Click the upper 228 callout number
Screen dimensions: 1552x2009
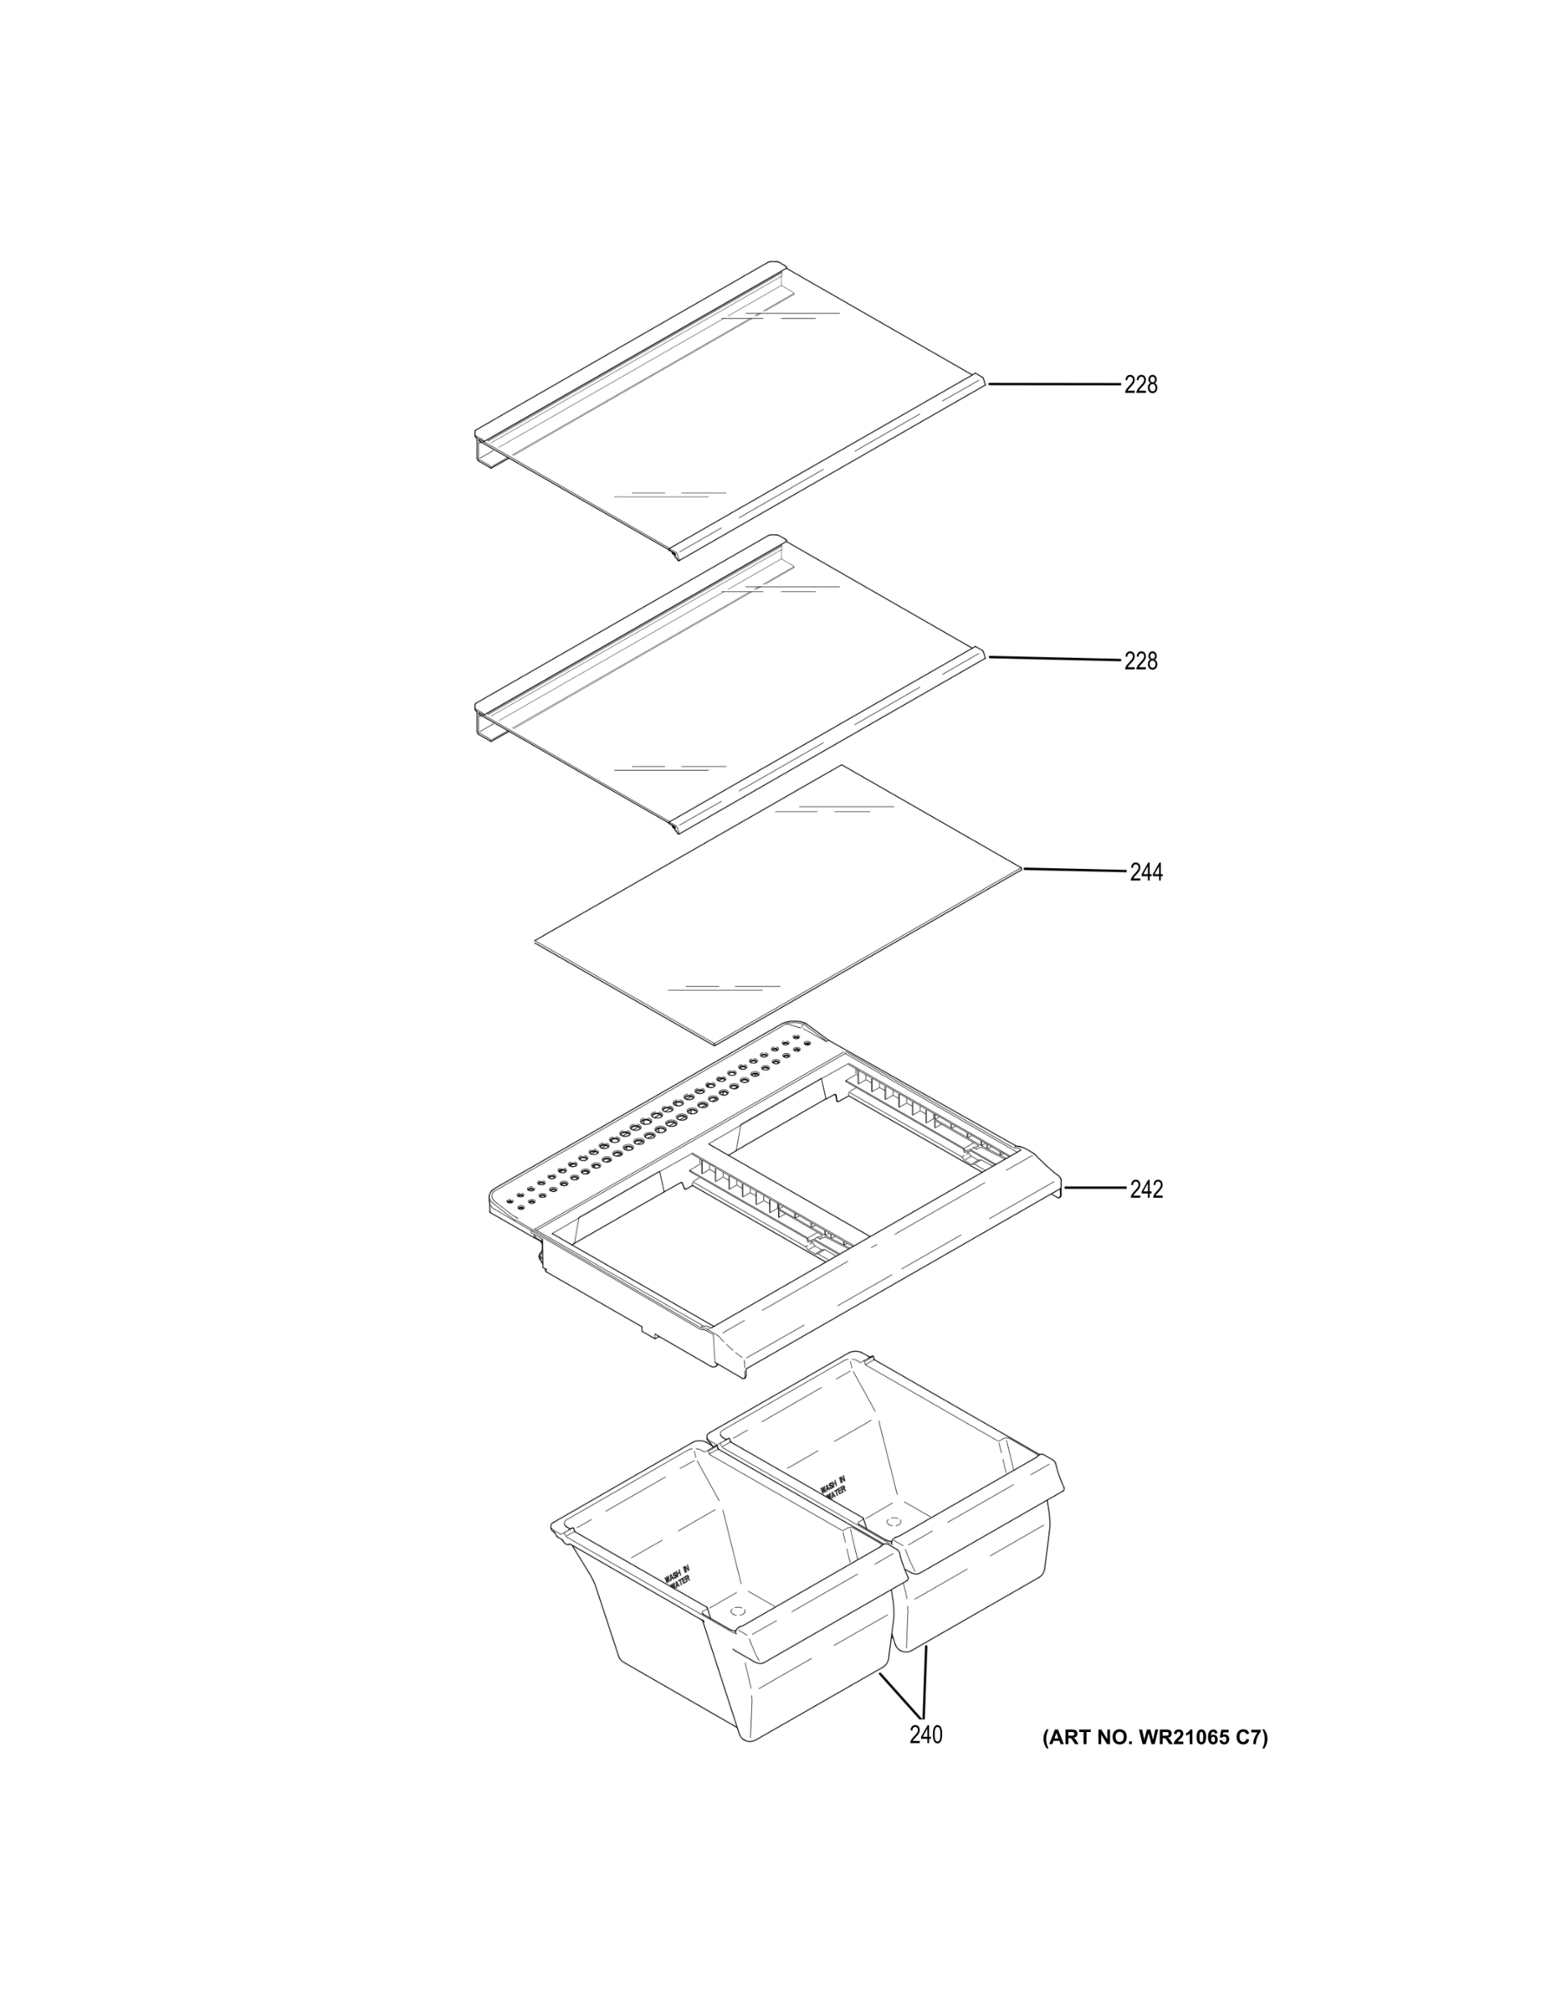pos(1140,384)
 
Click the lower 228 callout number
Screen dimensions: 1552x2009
pos(1140,660)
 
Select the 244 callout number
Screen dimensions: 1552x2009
pos(1145,872)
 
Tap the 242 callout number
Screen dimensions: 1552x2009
pos(1145,1189)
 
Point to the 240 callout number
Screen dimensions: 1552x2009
pos(926,1735)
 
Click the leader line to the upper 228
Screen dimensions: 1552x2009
pos(1053,383)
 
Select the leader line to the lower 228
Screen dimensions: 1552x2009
pos(1053,659)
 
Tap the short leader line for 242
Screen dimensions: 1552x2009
pos(1095,1188)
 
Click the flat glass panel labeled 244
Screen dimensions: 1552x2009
pos(778,905)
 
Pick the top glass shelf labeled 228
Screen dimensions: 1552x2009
pos(729,410)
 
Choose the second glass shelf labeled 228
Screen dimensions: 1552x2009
pos(729,685)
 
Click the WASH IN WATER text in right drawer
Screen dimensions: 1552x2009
pos(833,1488)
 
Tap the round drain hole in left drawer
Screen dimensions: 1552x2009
pos(736,1611)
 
